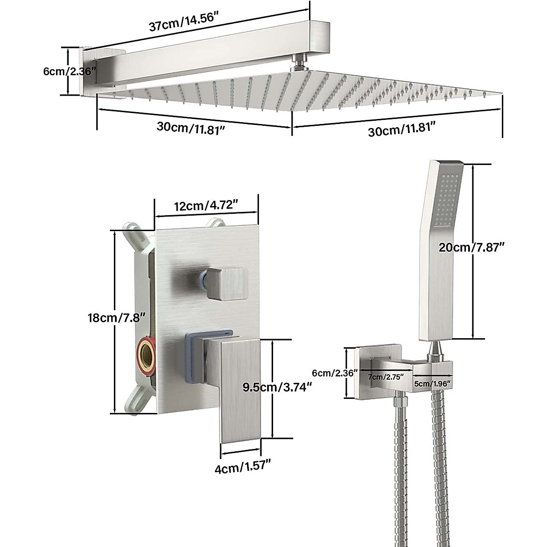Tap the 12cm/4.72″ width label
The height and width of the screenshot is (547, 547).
click(x=206, y=205)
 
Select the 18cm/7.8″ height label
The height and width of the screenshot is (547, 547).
click(x=117, y=317)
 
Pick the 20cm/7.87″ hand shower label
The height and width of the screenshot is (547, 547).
click(x=471, y=248)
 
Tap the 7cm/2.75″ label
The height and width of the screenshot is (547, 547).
click(x=386, y=377)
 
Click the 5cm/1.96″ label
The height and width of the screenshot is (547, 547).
click(x=432, y=384)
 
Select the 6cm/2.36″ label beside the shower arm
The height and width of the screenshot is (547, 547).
click(x=68, y=71)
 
